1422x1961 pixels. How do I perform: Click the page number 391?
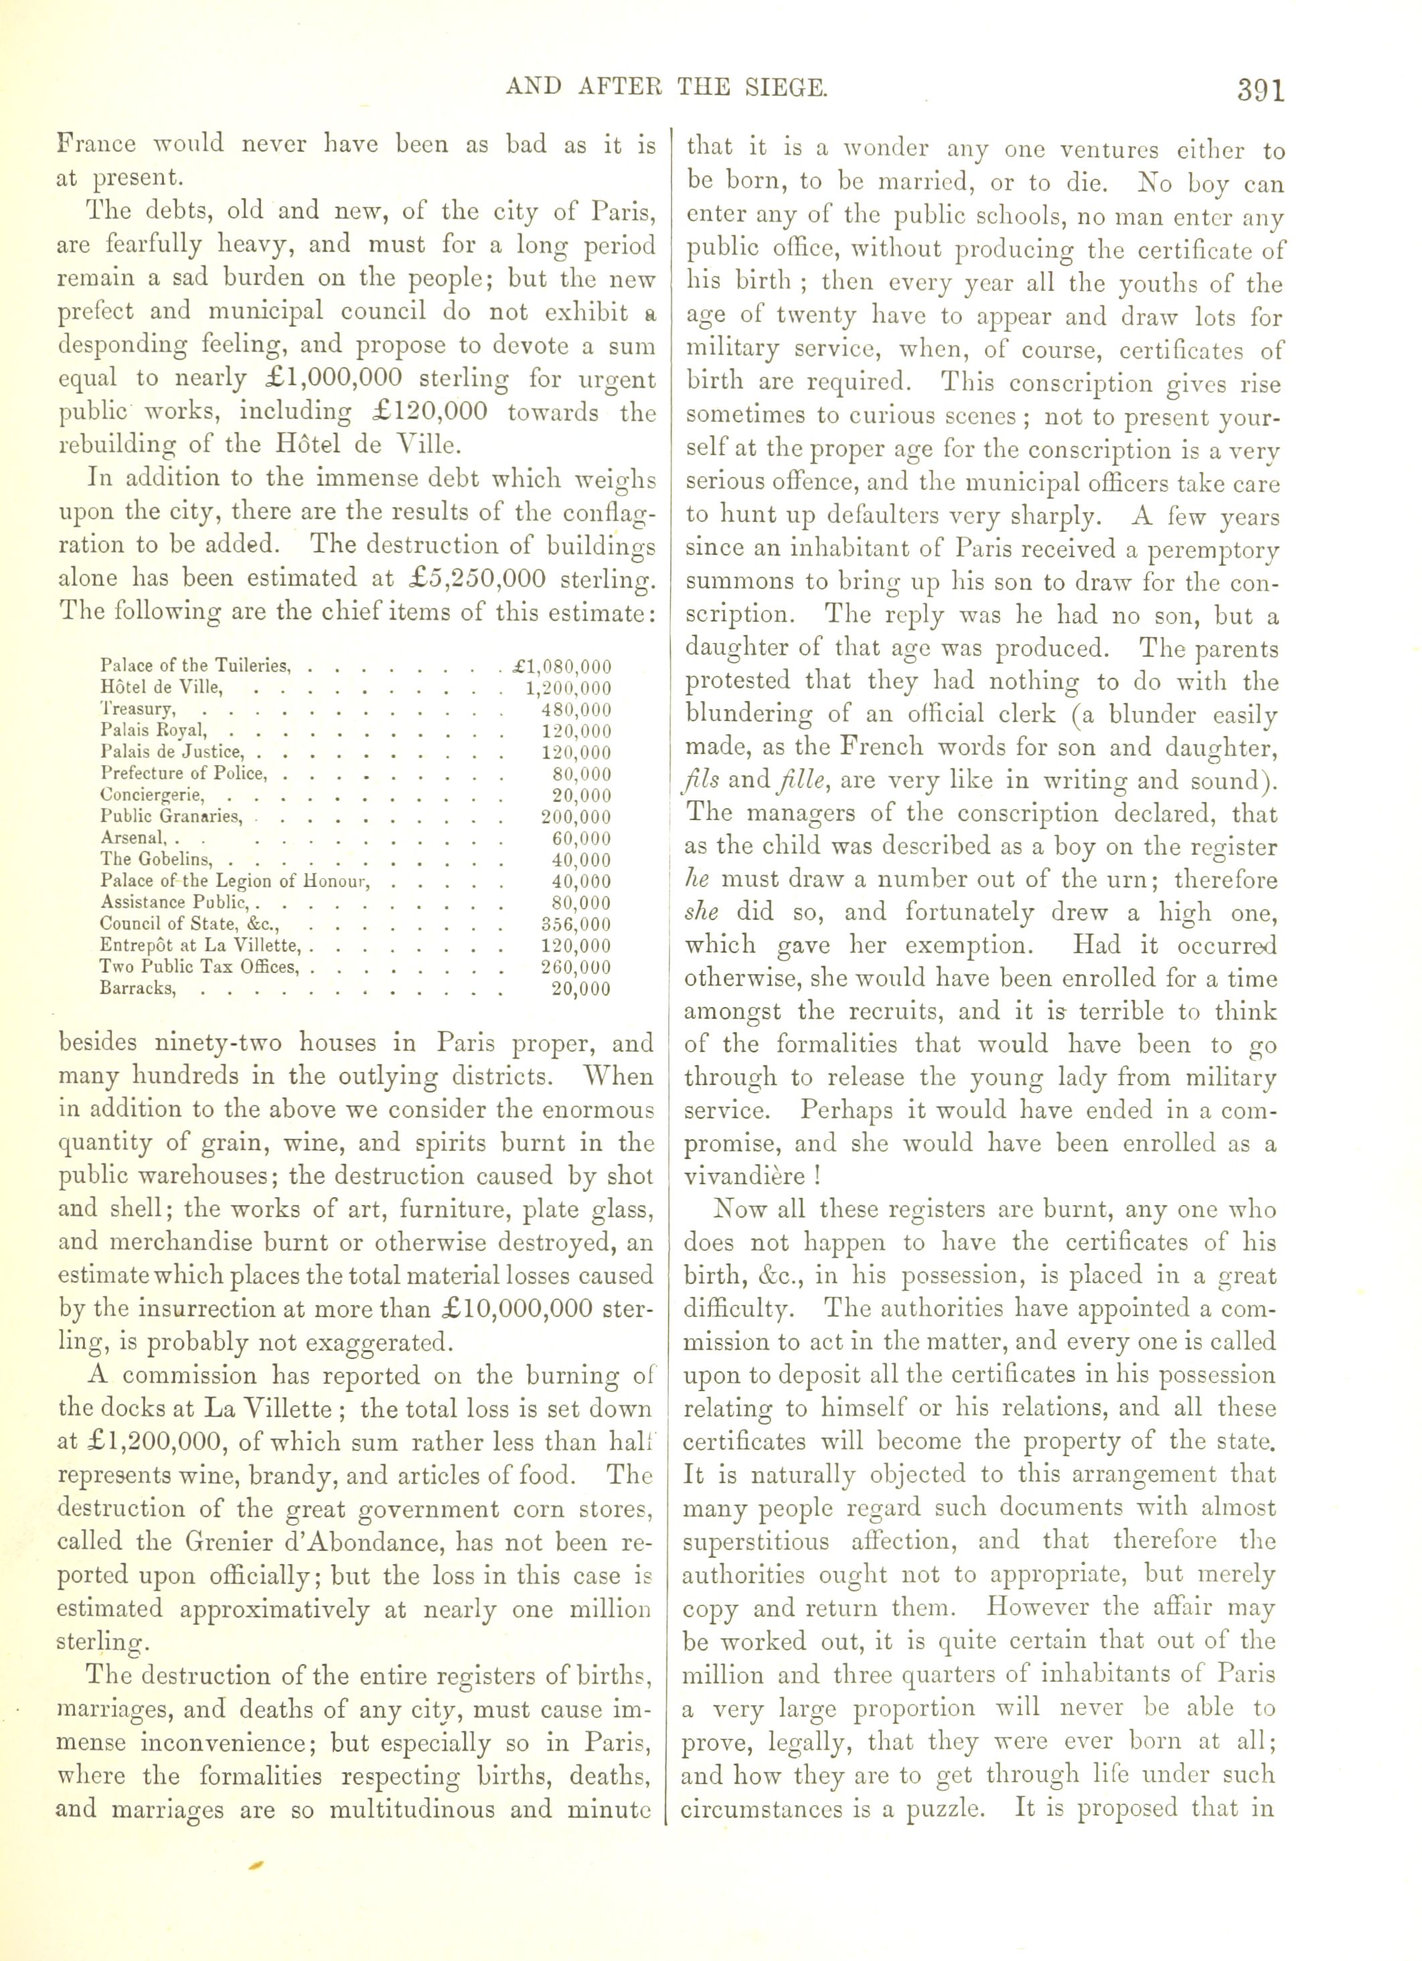point(1261,90)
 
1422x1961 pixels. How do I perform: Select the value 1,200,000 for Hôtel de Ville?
point(568,688)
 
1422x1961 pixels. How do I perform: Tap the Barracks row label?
point(139,988)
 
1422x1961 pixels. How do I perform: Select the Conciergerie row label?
point(152,795)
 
